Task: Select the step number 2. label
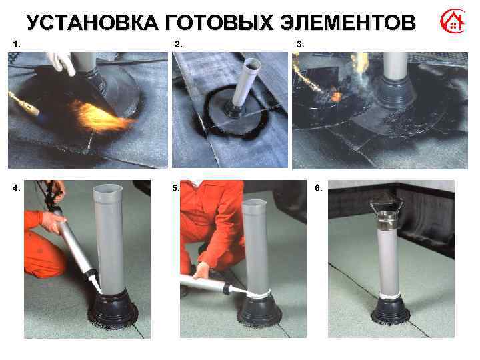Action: click(178, 43)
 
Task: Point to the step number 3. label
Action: click(301, 43)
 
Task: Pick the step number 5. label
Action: click(176, 188)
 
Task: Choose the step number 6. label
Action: click(318, 188)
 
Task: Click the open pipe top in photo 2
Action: click(251, 64)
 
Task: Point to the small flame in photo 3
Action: click(337, 97)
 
